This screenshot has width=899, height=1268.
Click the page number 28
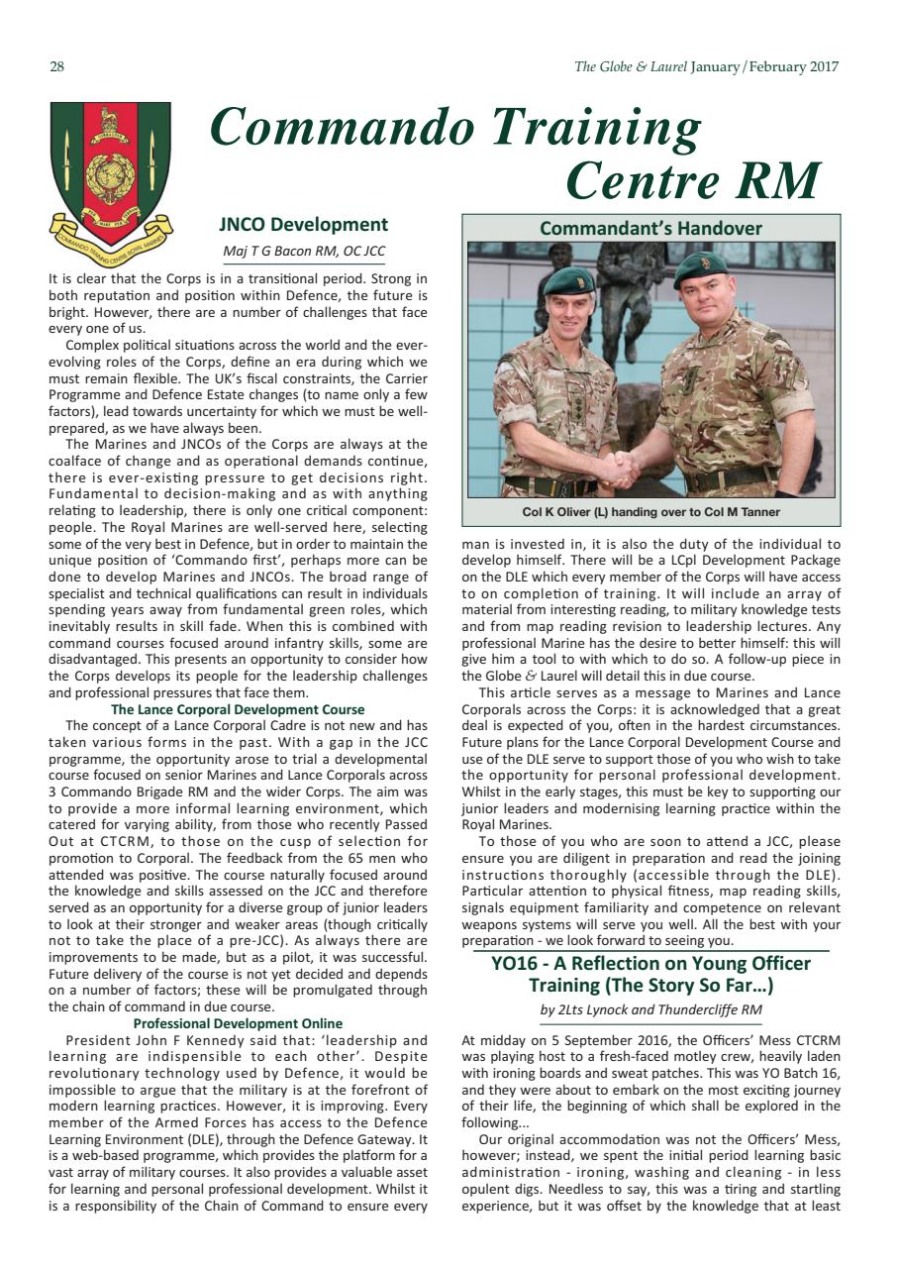56,67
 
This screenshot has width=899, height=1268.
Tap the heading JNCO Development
303,225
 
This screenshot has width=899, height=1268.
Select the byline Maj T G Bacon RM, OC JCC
303,251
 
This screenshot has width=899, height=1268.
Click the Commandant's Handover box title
650,228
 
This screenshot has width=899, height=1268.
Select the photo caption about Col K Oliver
650,512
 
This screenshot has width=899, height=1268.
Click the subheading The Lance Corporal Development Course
238,709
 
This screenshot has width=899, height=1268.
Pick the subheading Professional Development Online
238,1023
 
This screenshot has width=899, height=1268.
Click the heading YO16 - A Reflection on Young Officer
650,964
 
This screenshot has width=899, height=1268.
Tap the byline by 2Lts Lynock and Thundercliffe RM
650,1009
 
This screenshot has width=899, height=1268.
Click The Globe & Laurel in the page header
630,67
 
